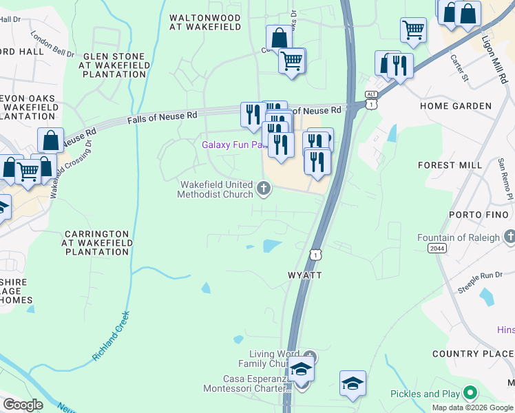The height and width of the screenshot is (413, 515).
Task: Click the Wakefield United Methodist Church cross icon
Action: pyautogui.click(x=263, y=188)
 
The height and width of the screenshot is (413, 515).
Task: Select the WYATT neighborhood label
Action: pyautogui.click(x=304, y=275)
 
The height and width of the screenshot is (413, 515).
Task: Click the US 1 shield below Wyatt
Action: pyautogui.click(x=315, y=255)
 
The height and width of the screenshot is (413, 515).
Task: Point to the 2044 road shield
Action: pyautogui.click(x=437, y=248)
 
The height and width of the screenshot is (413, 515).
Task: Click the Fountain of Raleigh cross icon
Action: pyautogui.click(x=509, y=237)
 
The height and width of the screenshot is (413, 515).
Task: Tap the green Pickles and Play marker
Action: pyautogui.click(x=470, y=394)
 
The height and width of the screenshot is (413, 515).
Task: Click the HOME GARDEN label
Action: pyautogui.click(x=455, y=106)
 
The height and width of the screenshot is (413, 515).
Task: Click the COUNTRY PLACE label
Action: pyautogui.click(x=473, y=354)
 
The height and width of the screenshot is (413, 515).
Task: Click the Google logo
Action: pyautogui.click(x=22, y=405)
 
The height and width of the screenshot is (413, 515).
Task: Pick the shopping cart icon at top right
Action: pyautogui.click(x=412, y=29)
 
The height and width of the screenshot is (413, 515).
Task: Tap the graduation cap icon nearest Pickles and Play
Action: pyautogui.click(x=353, y=383)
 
